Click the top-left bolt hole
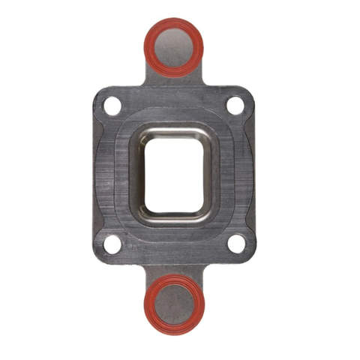pos(112,106)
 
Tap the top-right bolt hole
pos(235,106)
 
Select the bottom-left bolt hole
pos(112,244)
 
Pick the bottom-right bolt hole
pos(235,244)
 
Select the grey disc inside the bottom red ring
pos(174,303)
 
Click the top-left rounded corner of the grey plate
pos(100,94)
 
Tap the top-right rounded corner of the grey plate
pos(247,94)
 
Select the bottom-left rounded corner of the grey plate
pos(100,256)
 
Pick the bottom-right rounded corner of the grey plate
pos(247,256)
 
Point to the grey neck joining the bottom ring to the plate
pos(174,268)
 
